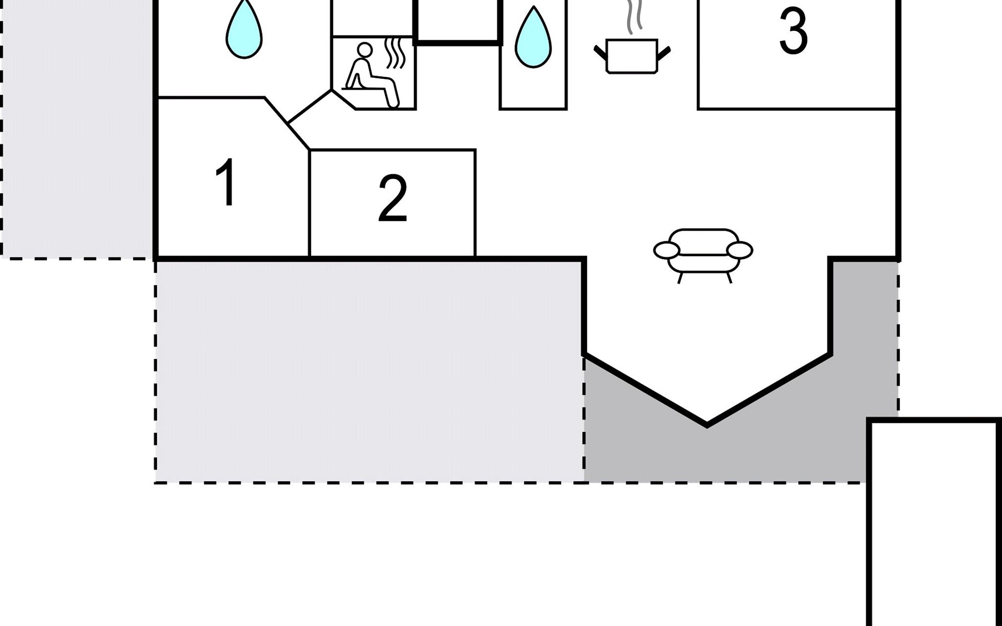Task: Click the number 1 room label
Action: (226, 183)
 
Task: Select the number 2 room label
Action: (392, 199)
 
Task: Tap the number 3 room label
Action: (793, 32)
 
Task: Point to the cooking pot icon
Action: (632, 55)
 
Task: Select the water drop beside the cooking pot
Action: (533, 38)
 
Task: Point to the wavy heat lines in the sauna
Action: (395, 52)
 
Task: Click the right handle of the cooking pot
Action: (664, 53)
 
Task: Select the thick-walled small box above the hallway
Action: (457, 21)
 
